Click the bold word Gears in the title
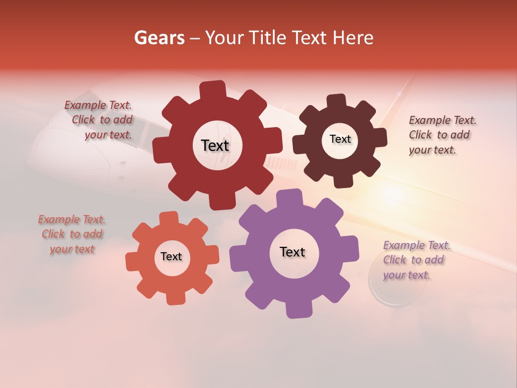point(159,38)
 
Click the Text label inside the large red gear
point(215,145)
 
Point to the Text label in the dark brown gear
point(340,139)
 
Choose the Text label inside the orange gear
point(171,257)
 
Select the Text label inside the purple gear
point(292,252)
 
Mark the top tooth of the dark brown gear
point(337,101)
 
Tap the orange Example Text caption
point(72,234)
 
